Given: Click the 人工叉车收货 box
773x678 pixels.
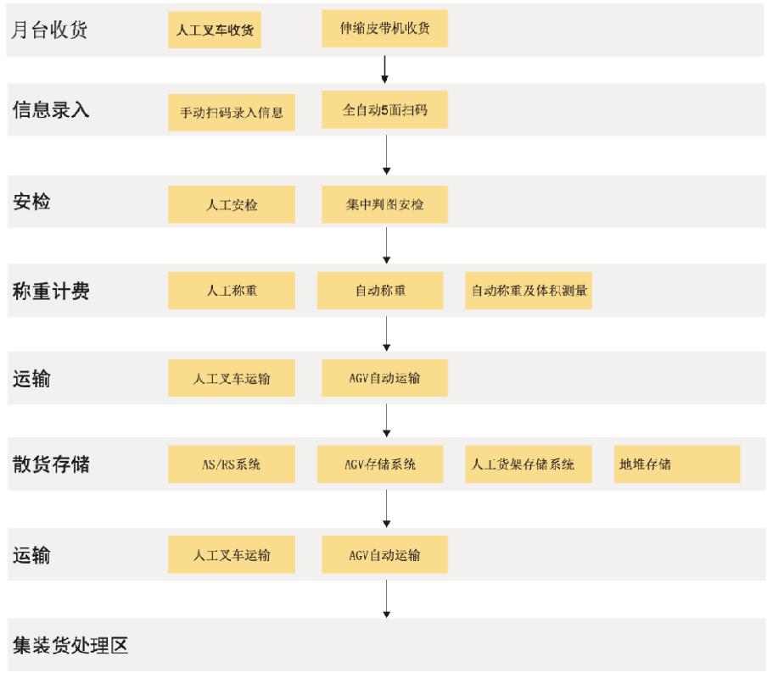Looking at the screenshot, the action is pyautogui.click(x=215, y=30).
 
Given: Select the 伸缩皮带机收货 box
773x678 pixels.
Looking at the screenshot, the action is pyautogui.click(x=384, y=29).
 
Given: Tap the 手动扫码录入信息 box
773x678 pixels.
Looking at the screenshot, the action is pyautogui.click(x=232, y=113).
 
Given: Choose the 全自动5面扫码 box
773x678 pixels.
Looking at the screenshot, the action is pyautogui.click(x=384, y=110).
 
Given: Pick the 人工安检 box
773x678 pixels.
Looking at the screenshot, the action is pyautogui.click(x=232, y=204).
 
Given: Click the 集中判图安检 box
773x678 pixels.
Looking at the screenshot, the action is pyautogui.click(x=384, y=204).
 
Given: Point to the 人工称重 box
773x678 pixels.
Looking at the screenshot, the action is pyautogui.click(x=232, y=291).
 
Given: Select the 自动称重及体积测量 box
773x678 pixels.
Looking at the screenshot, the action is pyautogui.click(x=529, y=291).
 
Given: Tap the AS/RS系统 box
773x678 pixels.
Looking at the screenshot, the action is pyautogui.click(x=232, y=464).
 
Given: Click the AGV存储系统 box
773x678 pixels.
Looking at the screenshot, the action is pyautogui.click(x=380, y=464).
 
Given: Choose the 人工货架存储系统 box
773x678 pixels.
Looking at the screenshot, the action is pyautogui.click(x=529, y=464).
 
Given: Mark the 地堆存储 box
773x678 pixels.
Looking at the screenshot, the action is pyautogui.click(x=677, y=464).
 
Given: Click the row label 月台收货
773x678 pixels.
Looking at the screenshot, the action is pyautogui.click(x=49, y=30).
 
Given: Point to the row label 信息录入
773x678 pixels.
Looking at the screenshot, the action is pyautogui.click(x=51, y=109).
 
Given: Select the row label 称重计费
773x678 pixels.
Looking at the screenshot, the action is pyautogui.click(x=51, y=291).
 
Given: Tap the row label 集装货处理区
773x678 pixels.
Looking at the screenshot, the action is pyautogui.click(x=70, y=645).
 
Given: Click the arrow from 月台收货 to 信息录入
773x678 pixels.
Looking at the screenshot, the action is pyautogui.click(x=385, y=69).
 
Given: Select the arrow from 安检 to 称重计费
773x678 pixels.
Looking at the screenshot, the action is pyautogui.click(x=387, y=245).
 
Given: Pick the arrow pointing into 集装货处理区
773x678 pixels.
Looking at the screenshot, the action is pyautogui.click(x=387, y=598).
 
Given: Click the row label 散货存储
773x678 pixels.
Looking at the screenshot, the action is pyautogui.click(x=51, y=464).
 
